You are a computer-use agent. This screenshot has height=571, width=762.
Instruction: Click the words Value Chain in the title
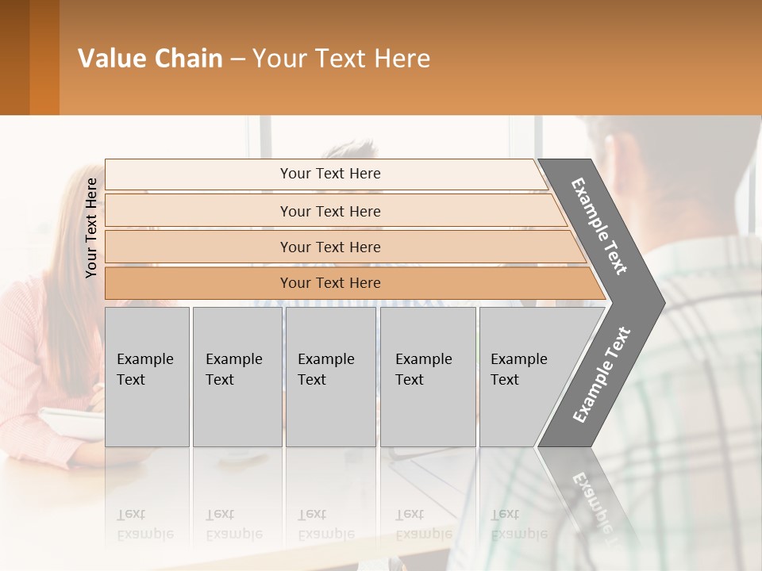coord(150,59)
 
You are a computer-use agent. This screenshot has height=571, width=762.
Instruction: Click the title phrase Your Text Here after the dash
coord(341,59)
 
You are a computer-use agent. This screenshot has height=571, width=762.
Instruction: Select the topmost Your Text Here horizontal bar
coord(329,174)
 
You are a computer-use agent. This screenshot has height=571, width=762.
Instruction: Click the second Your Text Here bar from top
coord(329,211)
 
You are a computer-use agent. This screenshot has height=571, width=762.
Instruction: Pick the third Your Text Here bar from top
coord(329,247)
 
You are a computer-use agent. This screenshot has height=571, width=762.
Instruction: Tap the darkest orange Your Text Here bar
coord(329,283)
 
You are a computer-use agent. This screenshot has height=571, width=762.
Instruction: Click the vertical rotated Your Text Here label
coord(91,228)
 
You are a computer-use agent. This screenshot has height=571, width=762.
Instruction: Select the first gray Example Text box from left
coord(147,377)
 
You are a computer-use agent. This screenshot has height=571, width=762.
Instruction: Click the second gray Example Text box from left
coord(237,377)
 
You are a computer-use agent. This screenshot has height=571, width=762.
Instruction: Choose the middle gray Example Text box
coord(330,377)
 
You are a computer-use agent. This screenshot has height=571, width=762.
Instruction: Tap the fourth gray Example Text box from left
coord(427,377)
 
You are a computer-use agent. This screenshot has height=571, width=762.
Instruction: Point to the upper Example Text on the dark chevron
coord(599,226)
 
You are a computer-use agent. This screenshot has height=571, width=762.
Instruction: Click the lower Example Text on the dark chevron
coord(601,375)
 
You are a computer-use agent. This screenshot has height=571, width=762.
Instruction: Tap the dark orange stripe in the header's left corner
coord(44,57)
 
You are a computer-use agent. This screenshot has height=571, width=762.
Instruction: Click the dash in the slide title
coord(237,59)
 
